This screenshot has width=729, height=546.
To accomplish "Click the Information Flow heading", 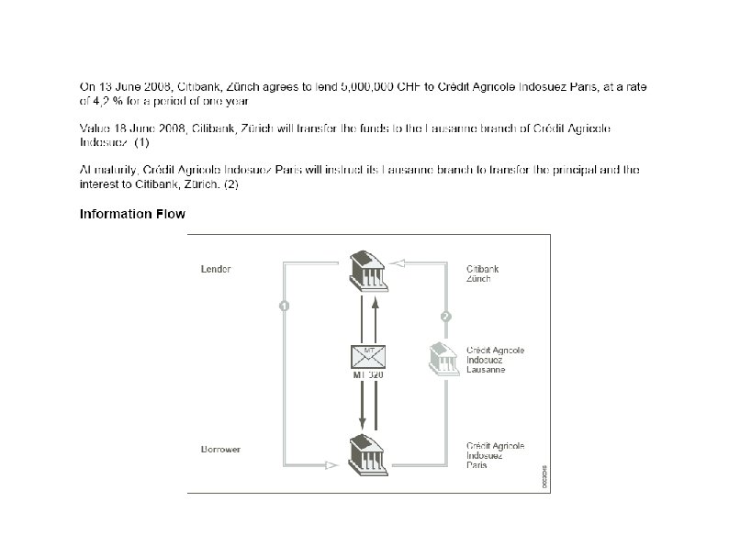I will (x=132, y=215).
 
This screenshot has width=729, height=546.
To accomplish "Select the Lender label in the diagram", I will (x=216, y=270).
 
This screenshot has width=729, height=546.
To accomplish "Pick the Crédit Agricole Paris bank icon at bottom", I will (x=368, y=454).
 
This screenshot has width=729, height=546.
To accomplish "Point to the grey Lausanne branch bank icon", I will (x=444, y=358).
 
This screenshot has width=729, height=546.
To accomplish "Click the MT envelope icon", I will (x=367, y=356).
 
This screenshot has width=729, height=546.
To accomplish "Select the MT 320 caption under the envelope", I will (x=367, y=374).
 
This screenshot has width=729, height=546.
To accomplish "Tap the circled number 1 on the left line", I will (x=285, y=306).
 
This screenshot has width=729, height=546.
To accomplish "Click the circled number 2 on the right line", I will (x=445, y=317).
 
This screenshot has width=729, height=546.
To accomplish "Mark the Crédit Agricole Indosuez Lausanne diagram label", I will (x=495, y=360).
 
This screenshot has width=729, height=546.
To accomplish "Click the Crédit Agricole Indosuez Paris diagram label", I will (x=495, y=455).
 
